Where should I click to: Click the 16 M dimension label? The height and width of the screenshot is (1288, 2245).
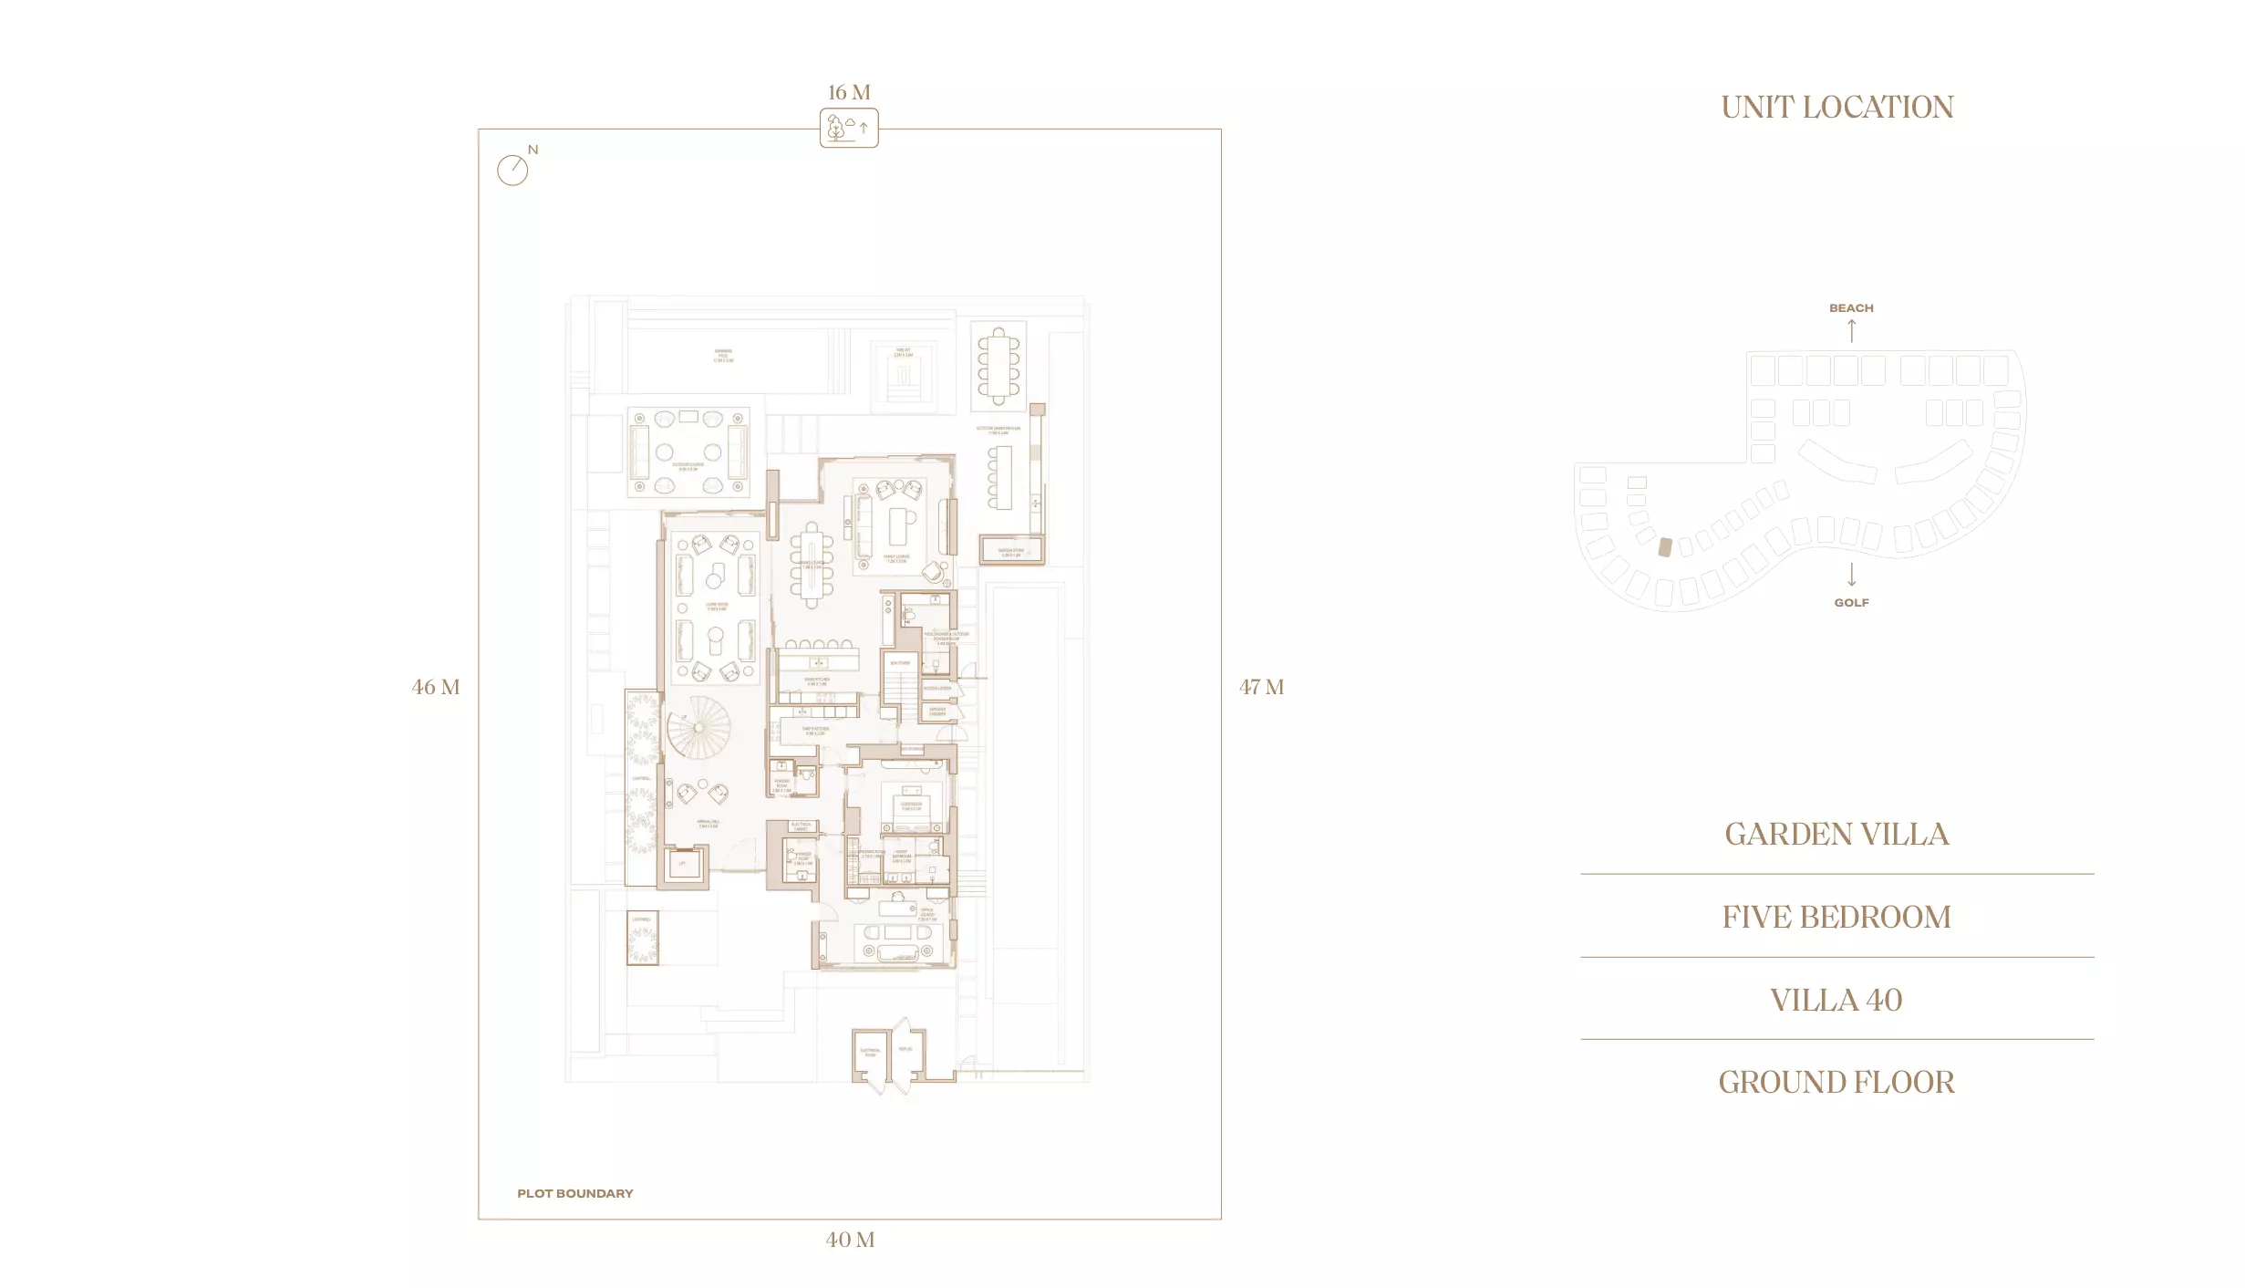848,92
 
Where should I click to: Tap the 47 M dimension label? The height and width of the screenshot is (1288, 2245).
1261,687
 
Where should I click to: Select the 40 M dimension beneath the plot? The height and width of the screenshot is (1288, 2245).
849,1240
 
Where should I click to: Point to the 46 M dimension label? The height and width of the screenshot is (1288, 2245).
435,687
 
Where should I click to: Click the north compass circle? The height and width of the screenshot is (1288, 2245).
512,170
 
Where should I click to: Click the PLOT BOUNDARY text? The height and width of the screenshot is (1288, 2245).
574,1193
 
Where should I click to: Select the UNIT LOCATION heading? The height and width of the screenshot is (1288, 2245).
1836,108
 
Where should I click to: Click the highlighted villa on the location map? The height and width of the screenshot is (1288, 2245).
1665,547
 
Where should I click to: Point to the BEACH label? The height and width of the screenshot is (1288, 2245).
1850,308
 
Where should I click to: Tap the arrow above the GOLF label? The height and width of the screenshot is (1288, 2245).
1851,575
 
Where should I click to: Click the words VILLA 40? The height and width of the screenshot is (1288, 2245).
1836,1000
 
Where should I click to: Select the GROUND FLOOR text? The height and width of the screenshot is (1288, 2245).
1836,1082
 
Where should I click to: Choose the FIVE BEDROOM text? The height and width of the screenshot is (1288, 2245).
1836,917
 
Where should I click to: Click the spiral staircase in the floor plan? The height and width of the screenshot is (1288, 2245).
698,727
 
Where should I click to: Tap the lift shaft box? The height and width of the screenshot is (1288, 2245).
683,864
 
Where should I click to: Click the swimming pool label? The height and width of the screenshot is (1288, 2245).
723,356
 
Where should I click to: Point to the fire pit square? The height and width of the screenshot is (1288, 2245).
903,375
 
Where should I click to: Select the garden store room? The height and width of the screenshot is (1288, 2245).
1010,550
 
